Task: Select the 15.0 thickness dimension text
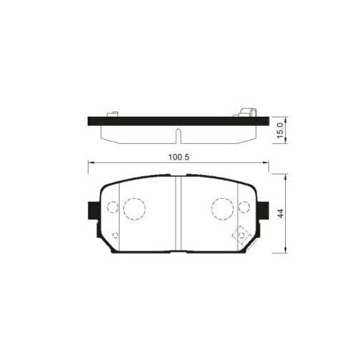pyautogui.click(x=282, y=130)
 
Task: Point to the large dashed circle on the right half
pyautogui.click(x=221, y=210)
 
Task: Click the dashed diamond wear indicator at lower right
pyautogui.click(x=239, y=235)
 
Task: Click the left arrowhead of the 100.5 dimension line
pyautogui.click(x=89, y=164)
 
